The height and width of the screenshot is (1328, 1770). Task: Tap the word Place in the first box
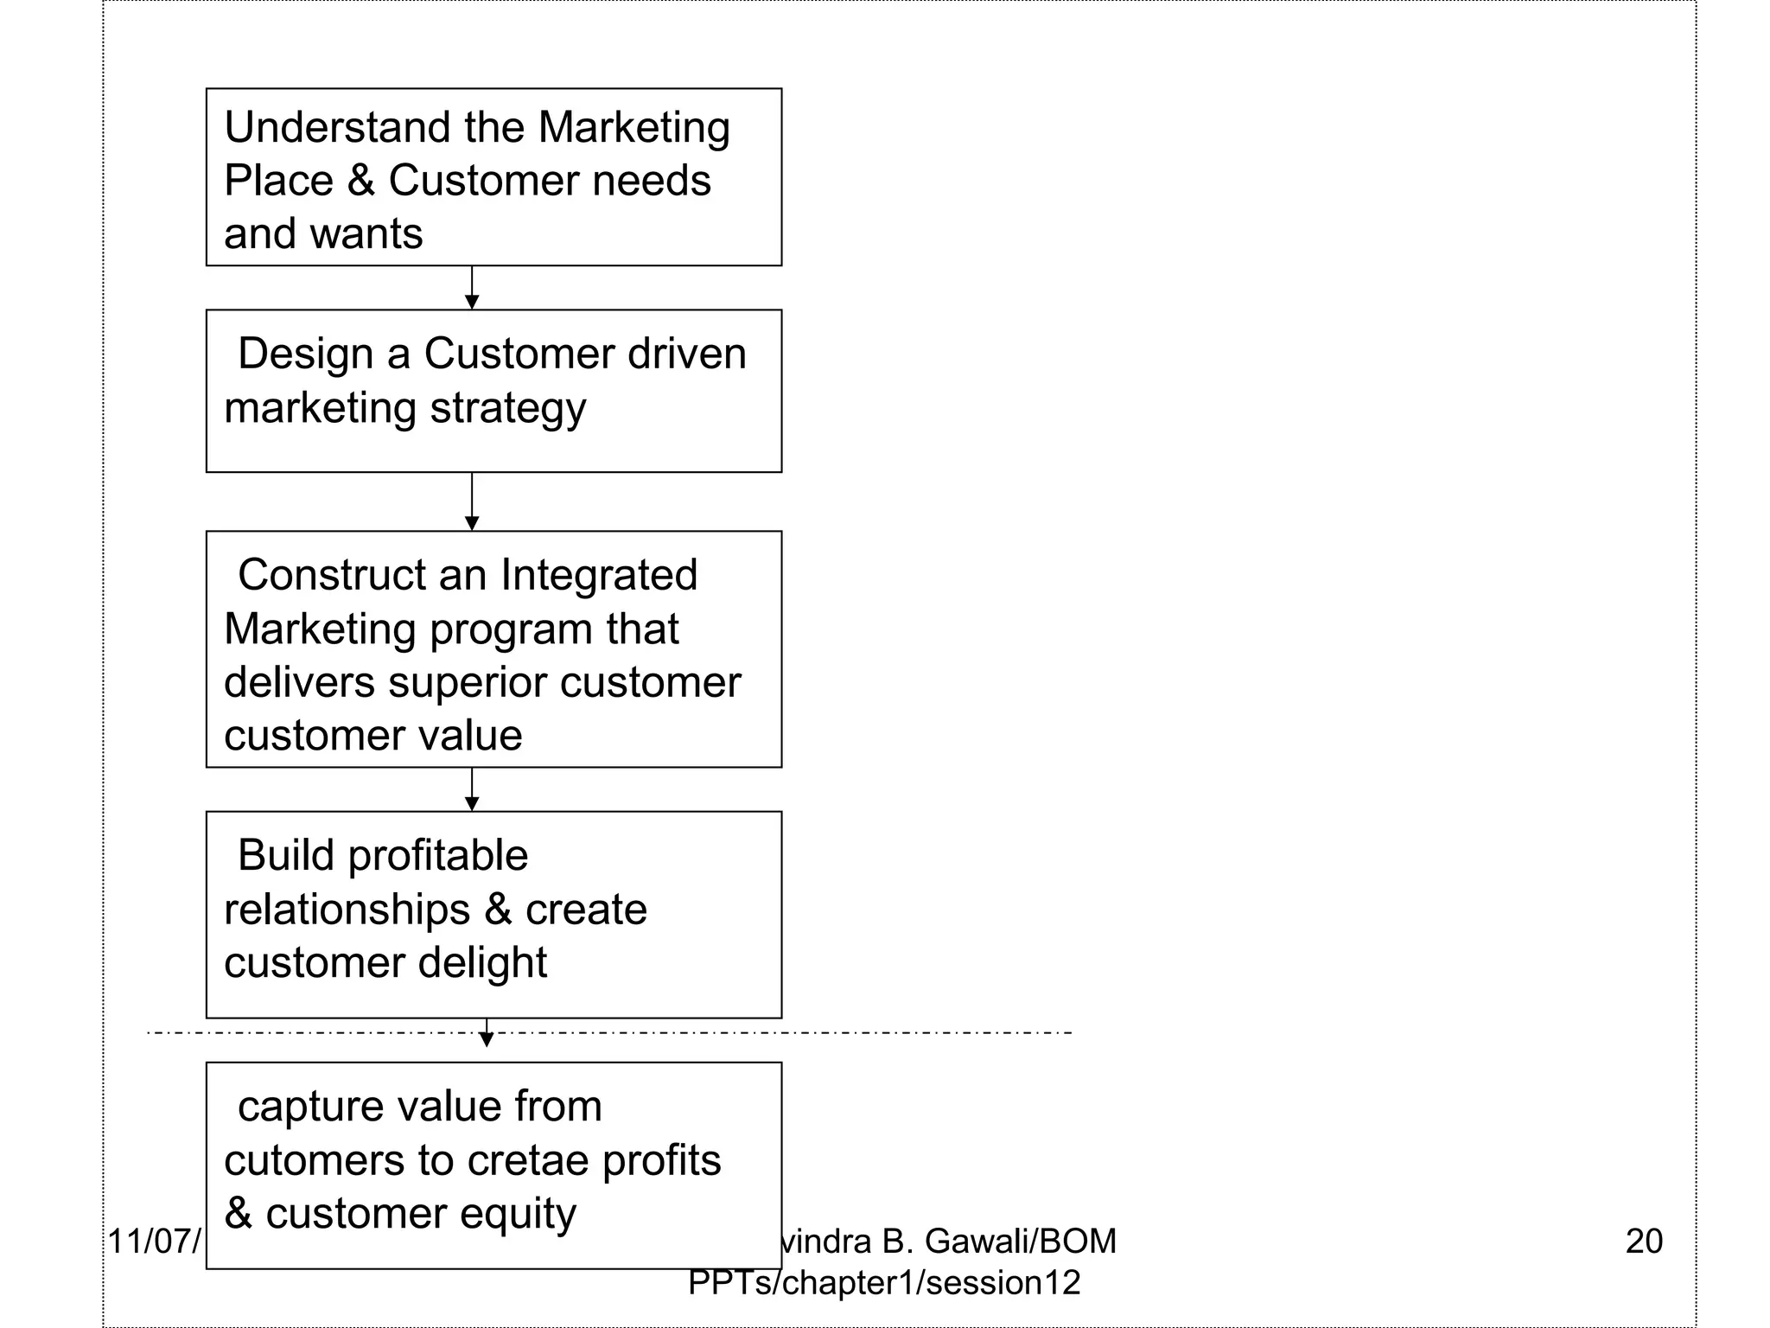coord(278,182)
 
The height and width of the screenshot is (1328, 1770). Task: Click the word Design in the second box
coord(304,354)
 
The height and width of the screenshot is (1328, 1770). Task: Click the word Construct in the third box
coord(332,576)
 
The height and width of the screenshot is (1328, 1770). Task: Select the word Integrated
coord(598,576)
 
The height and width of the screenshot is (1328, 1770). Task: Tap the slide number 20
coord(1644,1242)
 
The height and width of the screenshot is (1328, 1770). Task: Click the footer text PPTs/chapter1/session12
coord(884,1283)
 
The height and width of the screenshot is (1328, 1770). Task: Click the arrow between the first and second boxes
coord(472,288)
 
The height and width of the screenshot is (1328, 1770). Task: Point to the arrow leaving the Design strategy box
coord(472,501)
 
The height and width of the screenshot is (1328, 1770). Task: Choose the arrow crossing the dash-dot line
coord(487,1033)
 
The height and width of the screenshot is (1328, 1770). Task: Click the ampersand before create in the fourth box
coord(498,910)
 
